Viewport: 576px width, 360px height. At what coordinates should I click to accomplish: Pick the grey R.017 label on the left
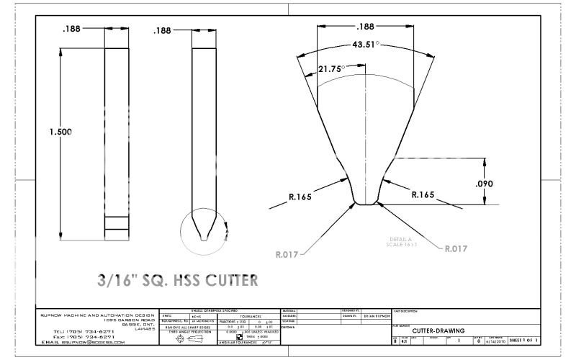click(x=289, y=253)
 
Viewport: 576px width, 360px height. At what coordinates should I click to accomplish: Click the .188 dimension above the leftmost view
click(x=72, y=30)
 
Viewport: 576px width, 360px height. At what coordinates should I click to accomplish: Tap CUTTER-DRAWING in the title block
click(x=438, y=330)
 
